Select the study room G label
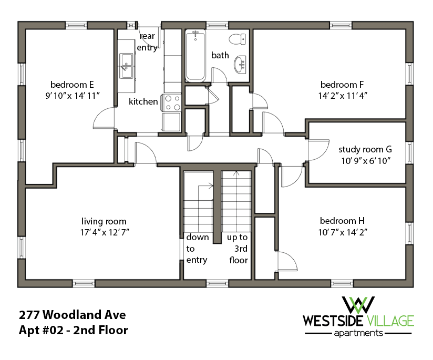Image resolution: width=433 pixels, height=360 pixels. click(x=365, y=149)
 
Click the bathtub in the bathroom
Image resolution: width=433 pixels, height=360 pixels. click(x=195, y=56)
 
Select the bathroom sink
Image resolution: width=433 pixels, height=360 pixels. click(x=240, y=65)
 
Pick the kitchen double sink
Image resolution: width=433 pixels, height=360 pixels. click(x=126, y=66)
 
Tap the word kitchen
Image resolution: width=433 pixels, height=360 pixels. click(x=143, y=101)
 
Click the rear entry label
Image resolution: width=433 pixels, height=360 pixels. click(x=147, y=42)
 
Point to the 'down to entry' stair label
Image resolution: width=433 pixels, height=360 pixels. click(x=197, y=249)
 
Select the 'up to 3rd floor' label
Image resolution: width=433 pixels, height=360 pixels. click(x=237, y=249)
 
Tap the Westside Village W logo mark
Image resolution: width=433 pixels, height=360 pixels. click(x=359, y=305)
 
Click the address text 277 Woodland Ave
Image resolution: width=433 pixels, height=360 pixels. click(x=73, y=315)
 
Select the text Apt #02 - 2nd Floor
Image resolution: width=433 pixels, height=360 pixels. click(x=74, y=331)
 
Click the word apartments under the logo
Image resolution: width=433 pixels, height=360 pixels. click(x=358, y=333)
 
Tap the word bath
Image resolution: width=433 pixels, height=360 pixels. click(x=220, y=55)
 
